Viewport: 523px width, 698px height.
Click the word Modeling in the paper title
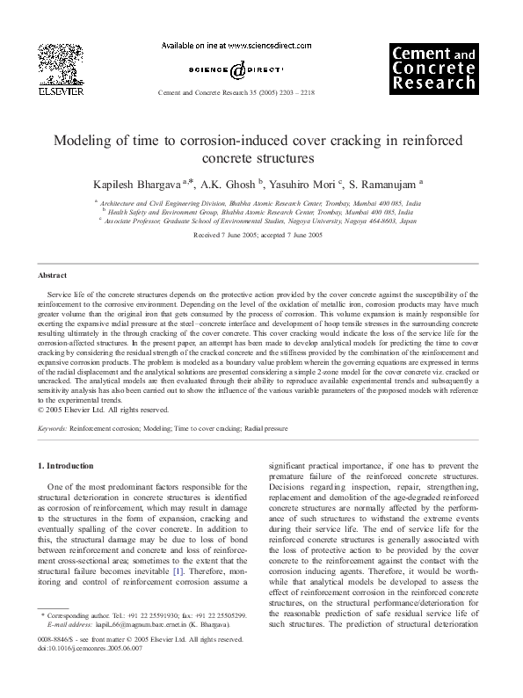(x=85, y=141)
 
